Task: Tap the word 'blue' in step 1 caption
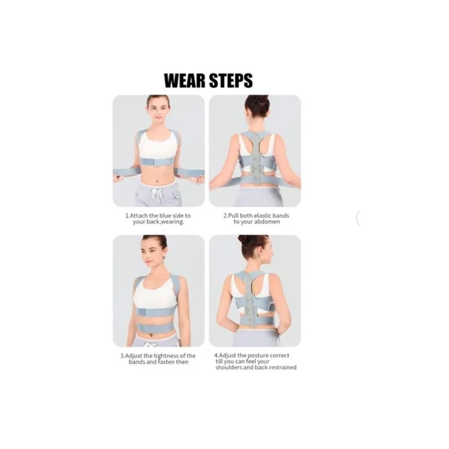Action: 168,216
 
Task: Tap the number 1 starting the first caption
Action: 126,216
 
